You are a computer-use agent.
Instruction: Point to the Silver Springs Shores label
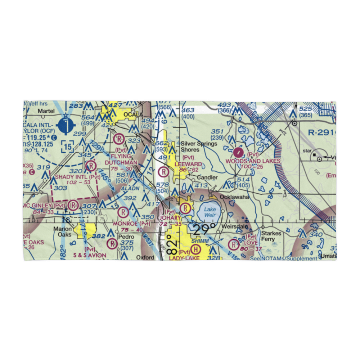coord(199,147)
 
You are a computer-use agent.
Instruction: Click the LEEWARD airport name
coord(188,164)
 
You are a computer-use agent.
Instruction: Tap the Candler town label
coord(207,177)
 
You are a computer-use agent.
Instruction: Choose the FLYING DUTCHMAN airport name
coord(121,159)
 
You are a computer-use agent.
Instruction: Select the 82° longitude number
coord(173,245)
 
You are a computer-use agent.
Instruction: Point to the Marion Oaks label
coord(63,231)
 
